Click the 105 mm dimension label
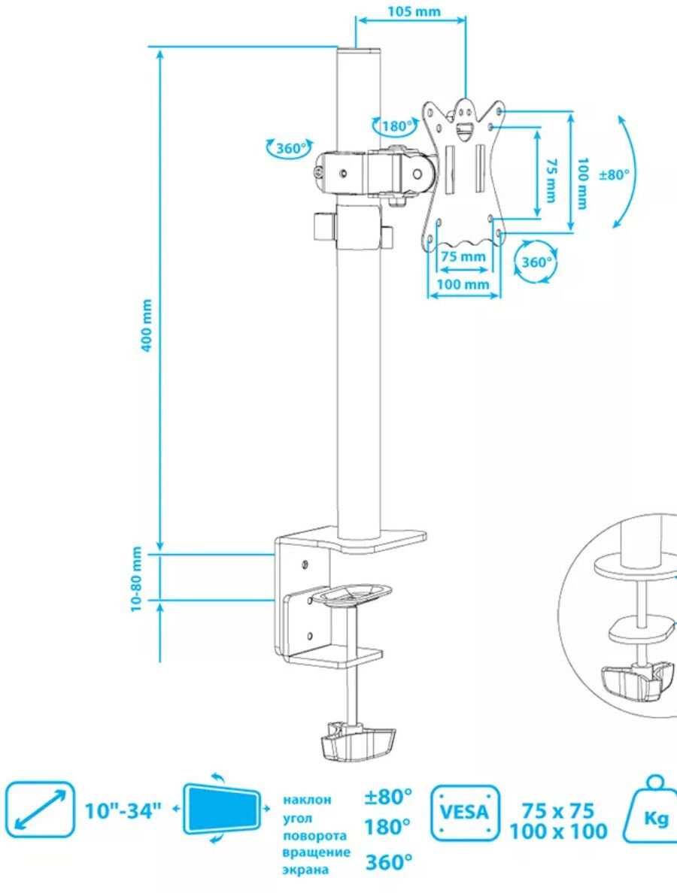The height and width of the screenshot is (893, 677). point(414,11)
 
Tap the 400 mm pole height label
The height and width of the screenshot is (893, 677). point(147,325)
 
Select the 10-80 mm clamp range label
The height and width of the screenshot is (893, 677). point(136,580)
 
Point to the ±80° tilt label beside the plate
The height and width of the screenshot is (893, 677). point(615,174)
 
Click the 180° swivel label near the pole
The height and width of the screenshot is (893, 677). point(397,126)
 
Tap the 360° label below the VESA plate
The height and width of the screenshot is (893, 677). point(537,262)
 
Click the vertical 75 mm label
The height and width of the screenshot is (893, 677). point(551,180)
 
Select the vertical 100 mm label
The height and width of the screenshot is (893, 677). point(581,183)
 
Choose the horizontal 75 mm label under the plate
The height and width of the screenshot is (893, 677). point(463,256)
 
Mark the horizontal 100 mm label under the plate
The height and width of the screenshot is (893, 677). point(463,283)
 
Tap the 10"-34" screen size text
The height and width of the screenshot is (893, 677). point(123,810)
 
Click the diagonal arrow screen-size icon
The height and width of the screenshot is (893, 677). point(39,810)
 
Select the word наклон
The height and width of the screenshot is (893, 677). point(307,800)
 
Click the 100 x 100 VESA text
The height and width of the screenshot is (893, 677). point(558,832)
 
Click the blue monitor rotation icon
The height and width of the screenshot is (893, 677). point(222,809)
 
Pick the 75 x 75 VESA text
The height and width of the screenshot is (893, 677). point(558,810)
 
